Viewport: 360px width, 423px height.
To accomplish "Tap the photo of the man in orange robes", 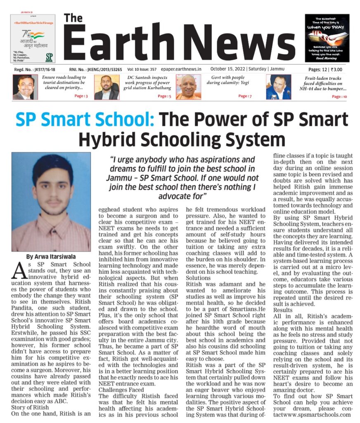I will (188, 87).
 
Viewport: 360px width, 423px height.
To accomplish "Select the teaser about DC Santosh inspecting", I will (148, 83).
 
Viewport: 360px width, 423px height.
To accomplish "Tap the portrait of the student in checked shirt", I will (51, 202).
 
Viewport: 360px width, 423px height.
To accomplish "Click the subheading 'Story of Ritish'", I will (29, 406).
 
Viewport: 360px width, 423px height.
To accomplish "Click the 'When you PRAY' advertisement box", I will (327, 38).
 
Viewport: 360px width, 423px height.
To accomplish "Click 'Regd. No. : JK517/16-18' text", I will (34, 69).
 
